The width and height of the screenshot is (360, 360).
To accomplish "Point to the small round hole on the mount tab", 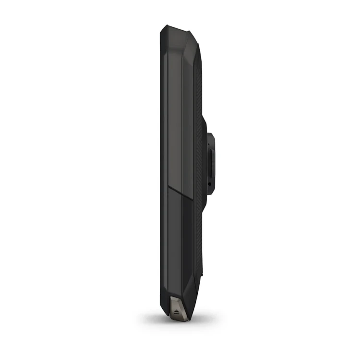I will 210,183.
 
